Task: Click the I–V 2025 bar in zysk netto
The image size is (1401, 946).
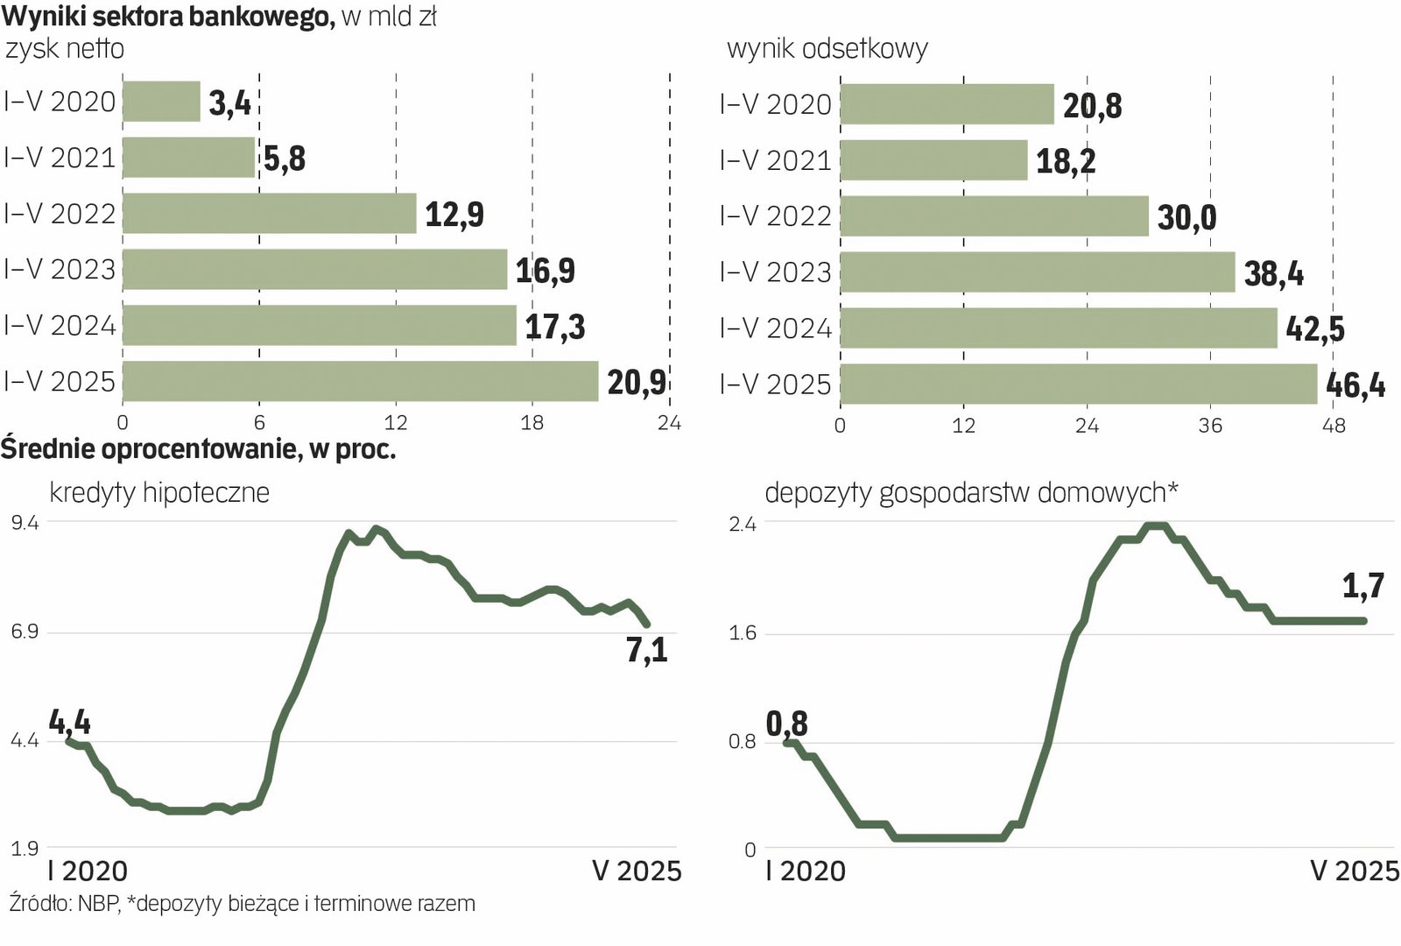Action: click(x=360, y=381)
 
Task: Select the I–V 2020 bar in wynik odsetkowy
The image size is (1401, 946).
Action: click(x=947, y=104)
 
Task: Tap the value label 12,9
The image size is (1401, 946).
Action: click(x=454, y=214)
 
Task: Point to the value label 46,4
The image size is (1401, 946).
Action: click(x=1355, y=385)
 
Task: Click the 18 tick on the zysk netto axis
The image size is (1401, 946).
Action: click(x=532, y=423)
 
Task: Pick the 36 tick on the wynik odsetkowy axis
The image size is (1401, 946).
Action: click(x=1210, y=426)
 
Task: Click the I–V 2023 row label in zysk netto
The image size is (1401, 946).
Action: click(x=60, y=269)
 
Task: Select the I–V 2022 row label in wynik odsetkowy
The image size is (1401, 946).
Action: click(x=775, y=215)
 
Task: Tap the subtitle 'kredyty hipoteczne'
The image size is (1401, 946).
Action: click(x=159, y=492)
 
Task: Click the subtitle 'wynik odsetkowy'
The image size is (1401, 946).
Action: click(x=827, y=48)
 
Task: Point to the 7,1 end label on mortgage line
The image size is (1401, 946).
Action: click(x=647, y=651)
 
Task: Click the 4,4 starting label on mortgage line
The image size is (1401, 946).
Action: click(x=70, y=723)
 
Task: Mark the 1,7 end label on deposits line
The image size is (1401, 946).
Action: click(x=1363, y=586)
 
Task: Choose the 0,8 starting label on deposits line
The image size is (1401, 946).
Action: click(x=786, y=724)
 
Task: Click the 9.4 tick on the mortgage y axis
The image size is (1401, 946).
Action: click(x=25, y=523)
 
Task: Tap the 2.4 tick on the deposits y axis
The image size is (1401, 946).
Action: click(x=743, y=525)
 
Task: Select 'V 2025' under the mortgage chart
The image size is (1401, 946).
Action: click(x=637, y=871)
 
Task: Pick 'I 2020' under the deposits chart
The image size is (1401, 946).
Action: click(x=805, y=871)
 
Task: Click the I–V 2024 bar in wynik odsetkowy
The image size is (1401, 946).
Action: click(x=1058, y=328)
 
